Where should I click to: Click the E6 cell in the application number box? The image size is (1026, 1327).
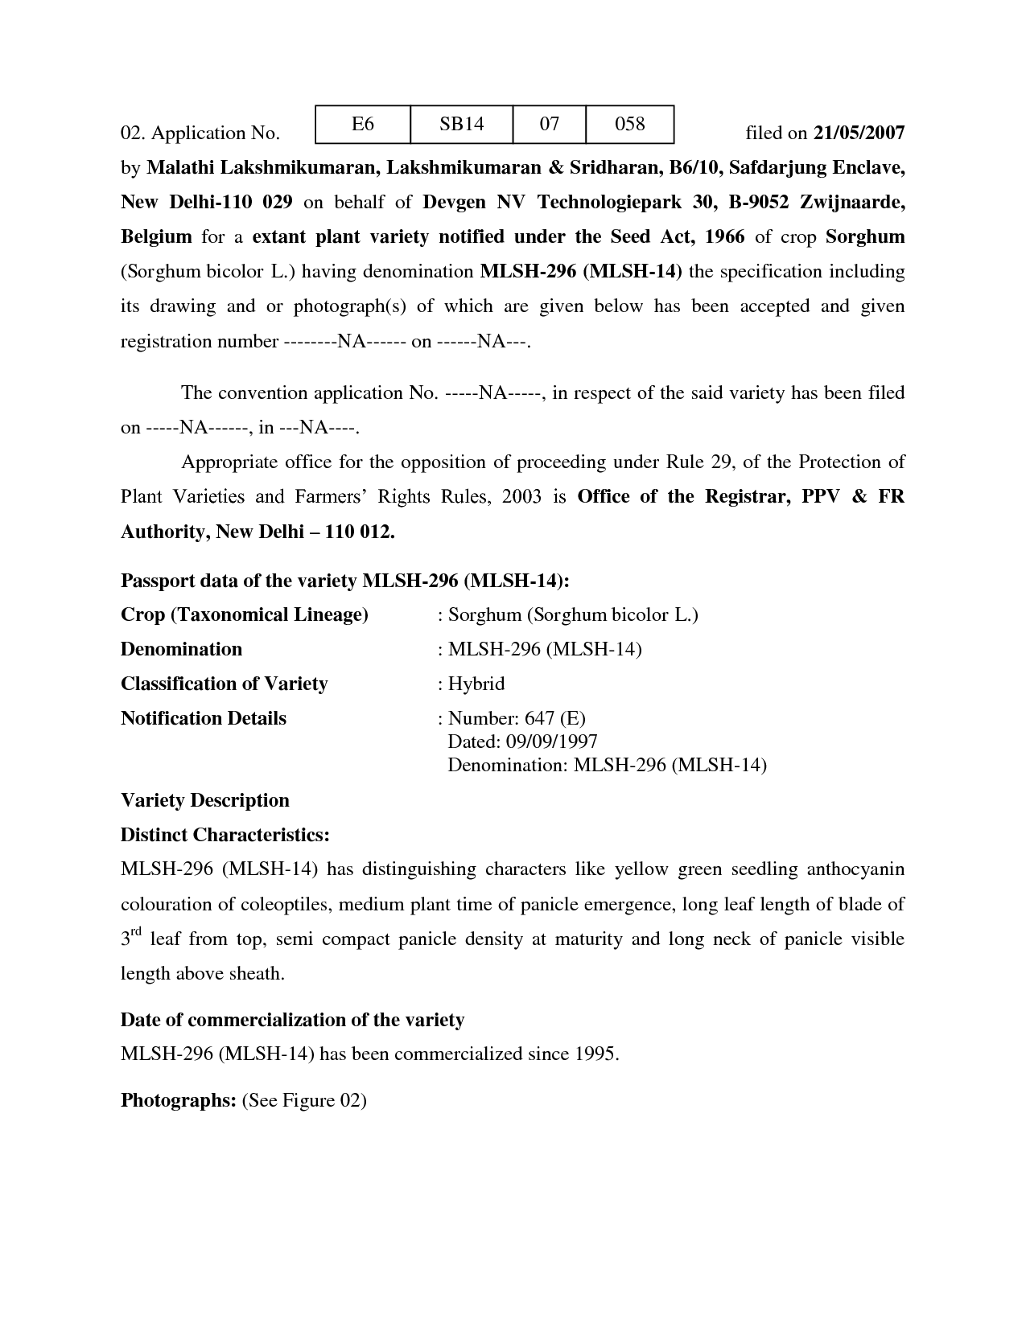pyautogui.click(x=363, y=124)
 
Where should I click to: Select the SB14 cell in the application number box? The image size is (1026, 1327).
pyautogui.click(x=461, y=124)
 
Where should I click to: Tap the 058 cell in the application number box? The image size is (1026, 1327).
pyautogui.click(x=629, y=124)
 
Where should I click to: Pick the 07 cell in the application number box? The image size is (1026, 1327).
pyautogui.click(x=549, y=124)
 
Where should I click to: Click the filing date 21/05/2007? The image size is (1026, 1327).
pyautogui.click(x=859, y=133)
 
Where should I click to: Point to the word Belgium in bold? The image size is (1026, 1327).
pyautogui.click(x=156, y=237)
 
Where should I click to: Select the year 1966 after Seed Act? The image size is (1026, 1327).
pyautogui.click(x=725, y=237)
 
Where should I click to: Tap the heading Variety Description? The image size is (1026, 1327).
pyautogui.click(x=204, y=800)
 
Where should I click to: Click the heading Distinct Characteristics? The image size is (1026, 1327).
pyautogui.click(x=225, y=835)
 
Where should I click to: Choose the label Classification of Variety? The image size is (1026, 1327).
pyautogui.click(x=224, y=684)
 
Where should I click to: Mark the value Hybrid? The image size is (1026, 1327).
pyautogui.click(x=476, y=684)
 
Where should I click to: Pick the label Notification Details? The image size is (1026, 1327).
pyautogui.click(x=203, y=718)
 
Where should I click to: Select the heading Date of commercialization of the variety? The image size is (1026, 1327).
pyautogui.click(x=292, y=1020)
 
